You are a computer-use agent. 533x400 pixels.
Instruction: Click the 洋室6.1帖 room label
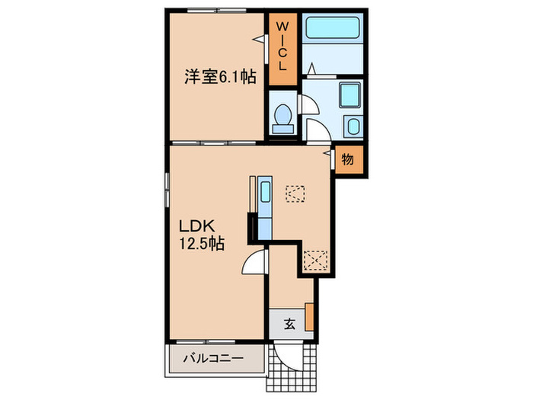pyautogui.click(x=219, y=76)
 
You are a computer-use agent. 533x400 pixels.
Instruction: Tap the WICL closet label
pyautogui.click(x=282, y=46)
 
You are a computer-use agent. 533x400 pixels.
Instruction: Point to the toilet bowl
pyautogui.click(x=282, y=117)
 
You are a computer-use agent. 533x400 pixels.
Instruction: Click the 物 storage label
pyautogui.click(x=347, y=160)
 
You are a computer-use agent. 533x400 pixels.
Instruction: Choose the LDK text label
pyautogui.click(x=199, y=226)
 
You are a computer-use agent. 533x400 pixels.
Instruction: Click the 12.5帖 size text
pyautogui.click(x=201, y=245)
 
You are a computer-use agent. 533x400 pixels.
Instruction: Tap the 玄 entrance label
pyautogui.click(x=290, y=323)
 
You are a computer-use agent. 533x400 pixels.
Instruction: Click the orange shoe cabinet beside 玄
pyautogui.click(x=310, y=317)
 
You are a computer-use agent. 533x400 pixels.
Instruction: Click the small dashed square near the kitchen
pyautogui.click(x=294, y=194)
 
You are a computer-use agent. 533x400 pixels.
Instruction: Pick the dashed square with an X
pyautogui.click(x=314, y=261)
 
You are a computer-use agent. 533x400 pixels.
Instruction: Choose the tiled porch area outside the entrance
pyautogui.click(x=293, y=373)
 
